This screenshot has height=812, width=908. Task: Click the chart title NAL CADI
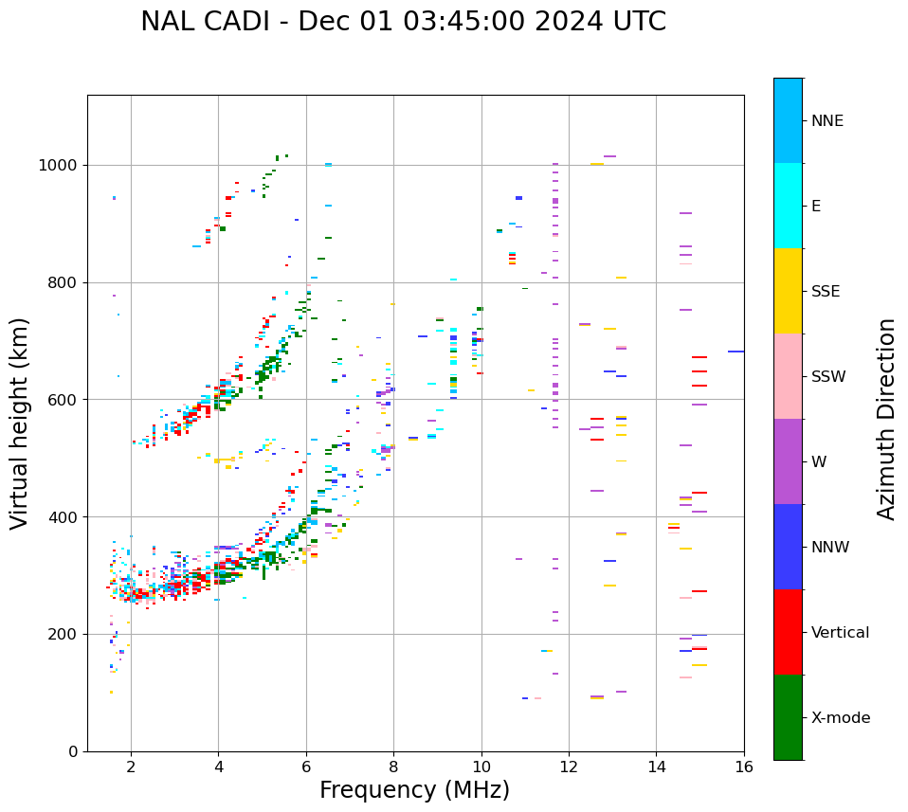403,22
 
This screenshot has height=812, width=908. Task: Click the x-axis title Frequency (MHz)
414,790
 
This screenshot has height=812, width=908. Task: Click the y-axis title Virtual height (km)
20,423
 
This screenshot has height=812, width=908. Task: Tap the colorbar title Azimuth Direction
886,419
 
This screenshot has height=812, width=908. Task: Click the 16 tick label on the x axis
744,767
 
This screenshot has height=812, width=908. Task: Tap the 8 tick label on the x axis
393,767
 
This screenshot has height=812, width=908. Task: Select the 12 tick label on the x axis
569,767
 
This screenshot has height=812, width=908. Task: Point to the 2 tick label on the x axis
131,767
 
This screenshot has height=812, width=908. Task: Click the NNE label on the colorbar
827,121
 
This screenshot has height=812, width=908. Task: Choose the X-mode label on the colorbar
841,718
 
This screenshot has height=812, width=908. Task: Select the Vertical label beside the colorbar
840,633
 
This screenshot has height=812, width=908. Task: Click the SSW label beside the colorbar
828,377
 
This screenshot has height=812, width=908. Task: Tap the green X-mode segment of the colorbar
788,717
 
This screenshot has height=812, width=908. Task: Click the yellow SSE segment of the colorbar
788,291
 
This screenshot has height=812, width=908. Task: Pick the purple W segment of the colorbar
788,461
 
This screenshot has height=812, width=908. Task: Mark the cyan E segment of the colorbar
788,206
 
